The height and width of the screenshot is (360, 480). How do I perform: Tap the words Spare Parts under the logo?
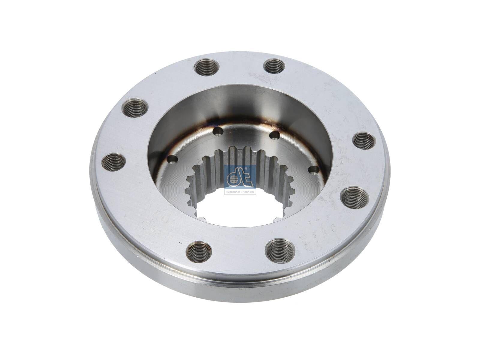click(240, 192)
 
